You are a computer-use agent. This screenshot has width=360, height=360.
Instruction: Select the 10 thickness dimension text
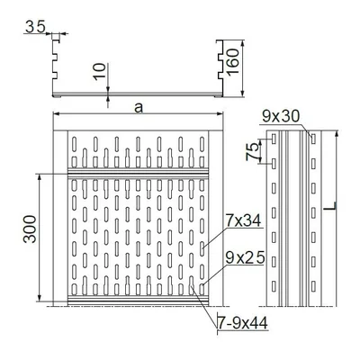[x=99, y=72]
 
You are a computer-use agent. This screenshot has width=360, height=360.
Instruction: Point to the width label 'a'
[x=138, y=107]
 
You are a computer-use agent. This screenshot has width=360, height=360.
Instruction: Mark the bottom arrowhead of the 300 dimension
[x=40, y=300]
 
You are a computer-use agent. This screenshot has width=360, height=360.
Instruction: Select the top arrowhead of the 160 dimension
[x=241, y=41]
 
